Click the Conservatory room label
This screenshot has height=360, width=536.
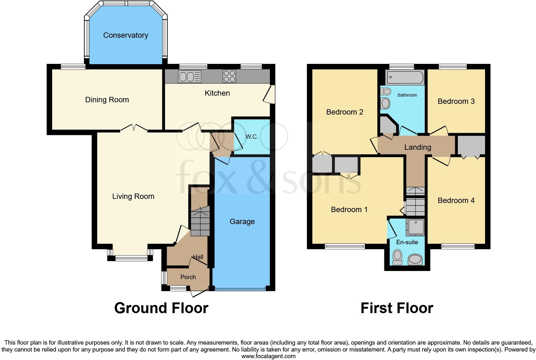[126, 35]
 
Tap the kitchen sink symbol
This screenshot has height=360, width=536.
[189, 76]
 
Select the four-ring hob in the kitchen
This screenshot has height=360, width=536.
[229, 76]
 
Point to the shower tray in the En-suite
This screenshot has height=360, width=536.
[416, 227]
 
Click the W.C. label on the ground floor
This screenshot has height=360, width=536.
[252, 137]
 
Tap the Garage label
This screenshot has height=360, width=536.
[242, 222]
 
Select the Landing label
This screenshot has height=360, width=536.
[417, 147]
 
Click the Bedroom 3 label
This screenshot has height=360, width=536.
[456, 101]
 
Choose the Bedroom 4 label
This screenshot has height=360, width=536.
[456, 200]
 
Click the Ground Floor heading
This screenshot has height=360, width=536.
[161, 308]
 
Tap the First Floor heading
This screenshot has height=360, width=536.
[397, 308]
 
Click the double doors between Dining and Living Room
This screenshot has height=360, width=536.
[134, 128]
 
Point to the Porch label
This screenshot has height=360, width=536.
[188, 277]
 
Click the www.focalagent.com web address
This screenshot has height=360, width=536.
[268, 356]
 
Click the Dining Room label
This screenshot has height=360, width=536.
[107, 100]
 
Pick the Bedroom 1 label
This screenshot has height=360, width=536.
[349, 210]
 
